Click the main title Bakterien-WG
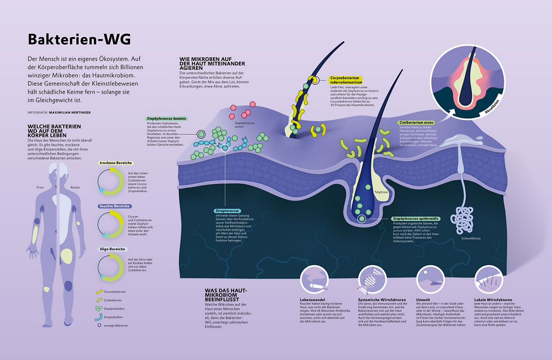click(79, 40)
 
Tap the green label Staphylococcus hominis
click(167, 118)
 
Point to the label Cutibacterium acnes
click(416, 122)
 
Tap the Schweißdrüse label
click(471, 238)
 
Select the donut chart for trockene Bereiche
click(111, 182)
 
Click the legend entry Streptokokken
click(114, 317)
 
